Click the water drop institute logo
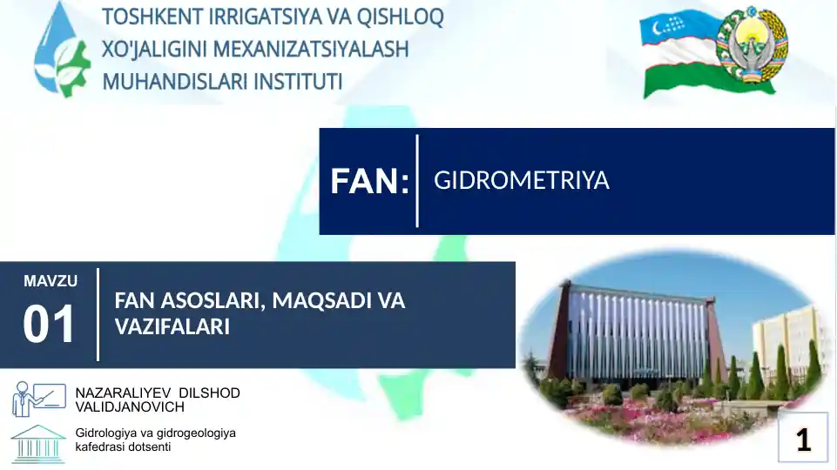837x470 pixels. click(x=61, y=50)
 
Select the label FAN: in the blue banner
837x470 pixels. click(x=369, y=182)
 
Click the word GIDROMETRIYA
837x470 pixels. click(x=521, y=181)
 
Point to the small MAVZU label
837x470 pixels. click(x=51, y=281)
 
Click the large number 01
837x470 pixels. click(x=50, y=325)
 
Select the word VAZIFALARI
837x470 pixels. click(x=172, y=327)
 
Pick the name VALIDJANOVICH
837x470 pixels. click(x=130, y=406)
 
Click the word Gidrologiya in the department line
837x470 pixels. click(x=109, y=433)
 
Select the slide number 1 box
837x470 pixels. click(x=802, y=439)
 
